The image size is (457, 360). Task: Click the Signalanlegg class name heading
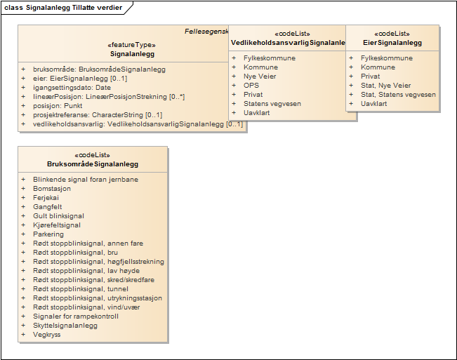click(132, 53)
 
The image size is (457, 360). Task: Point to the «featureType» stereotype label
click(132, 44)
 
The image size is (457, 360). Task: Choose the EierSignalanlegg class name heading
click(392, 43)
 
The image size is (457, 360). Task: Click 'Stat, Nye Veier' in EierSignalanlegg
click(385, 86)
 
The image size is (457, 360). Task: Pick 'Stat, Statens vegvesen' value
click(398, 95)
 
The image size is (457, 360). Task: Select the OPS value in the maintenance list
click(251, 86)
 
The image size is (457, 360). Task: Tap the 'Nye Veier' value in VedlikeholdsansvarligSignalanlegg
click(260, 76)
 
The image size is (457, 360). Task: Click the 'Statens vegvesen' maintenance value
click(272, 104)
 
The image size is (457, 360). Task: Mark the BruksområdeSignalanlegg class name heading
click(93, 164)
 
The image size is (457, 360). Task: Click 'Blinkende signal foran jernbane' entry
click(86, 180)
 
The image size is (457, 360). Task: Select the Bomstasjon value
click(52, 189)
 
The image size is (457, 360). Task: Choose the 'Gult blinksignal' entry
click(58, 216)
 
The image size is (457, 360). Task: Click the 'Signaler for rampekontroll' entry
click(76, 316)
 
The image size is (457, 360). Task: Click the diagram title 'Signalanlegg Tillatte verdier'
click(73, 8)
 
